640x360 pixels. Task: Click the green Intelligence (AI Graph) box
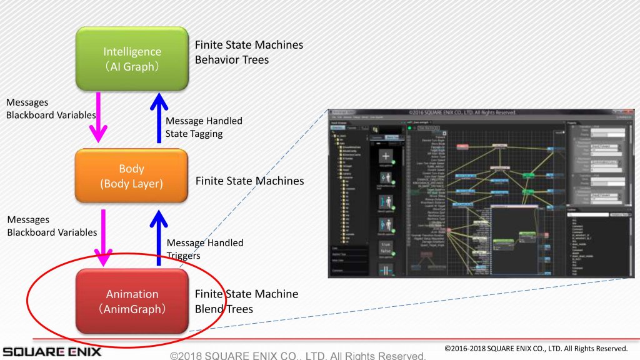(132, 59)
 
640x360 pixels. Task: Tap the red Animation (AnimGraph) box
(132, 301)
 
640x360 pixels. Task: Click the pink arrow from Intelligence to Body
(97, 116)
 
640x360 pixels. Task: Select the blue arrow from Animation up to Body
(158, 235)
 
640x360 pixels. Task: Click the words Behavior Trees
(231, 60)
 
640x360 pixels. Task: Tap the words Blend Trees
(223, 309)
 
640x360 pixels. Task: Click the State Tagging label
(194, 133)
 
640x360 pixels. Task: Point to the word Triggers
(184, 256)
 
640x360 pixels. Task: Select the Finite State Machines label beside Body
(249, 181)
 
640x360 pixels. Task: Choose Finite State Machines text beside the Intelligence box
(249, 45)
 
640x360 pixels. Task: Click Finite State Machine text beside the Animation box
(246, 294)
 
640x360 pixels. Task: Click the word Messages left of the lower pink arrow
(27, 220)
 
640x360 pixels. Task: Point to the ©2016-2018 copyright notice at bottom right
(536, 348)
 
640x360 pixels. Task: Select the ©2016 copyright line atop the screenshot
(461, 112)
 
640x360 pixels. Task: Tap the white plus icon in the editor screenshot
(386, 156)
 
